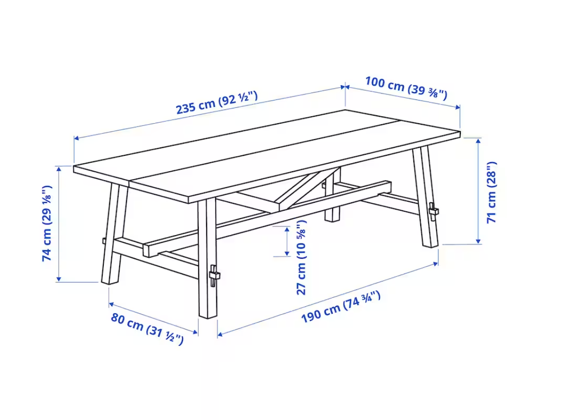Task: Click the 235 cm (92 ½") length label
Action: [217, 102]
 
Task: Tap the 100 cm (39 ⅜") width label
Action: [406, 88]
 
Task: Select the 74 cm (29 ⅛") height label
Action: [47, 223]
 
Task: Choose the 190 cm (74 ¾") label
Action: [341, 307]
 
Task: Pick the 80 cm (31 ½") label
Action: [147, 329]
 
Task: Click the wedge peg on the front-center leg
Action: [214, 275]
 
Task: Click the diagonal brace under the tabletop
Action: [308, 187]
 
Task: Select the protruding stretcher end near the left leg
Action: [151, 250]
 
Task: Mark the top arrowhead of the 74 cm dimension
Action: [58, 168]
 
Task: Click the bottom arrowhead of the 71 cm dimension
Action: [479, 241]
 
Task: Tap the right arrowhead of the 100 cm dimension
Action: [458, 107]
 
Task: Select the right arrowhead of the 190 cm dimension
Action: [436, 264]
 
